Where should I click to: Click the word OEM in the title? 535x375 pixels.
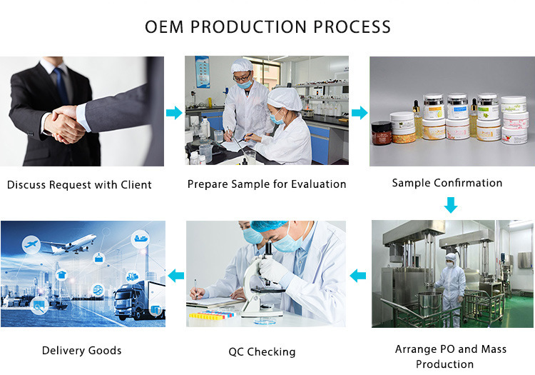[164, 27]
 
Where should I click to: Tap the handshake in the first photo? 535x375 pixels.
[65, 125]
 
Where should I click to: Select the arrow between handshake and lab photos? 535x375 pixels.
[174, 113]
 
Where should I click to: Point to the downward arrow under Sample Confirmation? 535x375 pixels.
[451, 205]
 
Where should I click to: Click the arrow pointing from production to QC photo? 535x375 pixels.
[358, 275]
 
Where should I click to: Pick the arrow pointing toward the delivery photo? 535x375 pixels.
[176, 275]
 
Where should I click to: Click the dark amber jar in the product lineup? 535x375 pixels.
[382, 133]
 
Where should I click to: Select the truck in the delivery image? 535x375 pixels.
[139, 301]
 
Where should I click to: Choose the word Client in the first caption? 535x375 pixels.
[136, 185]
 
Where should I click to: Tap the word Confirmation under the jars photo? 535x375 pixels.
[468, 183]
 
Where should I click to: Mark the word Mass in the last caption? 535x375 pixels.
[494, 349]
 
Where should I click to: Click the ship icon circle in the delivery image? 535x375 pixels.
[141, 239]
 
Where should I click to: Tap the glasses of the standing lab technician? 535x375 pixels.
[243, 78]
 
